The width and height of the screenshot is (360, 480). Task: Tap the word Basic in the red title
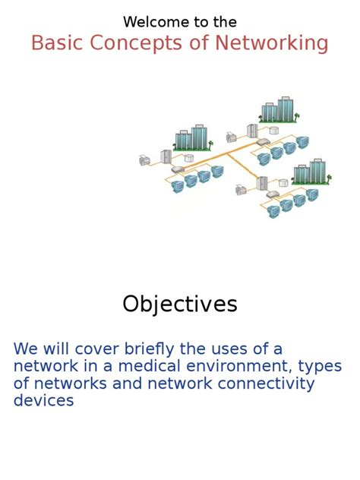click(x=58, y=43)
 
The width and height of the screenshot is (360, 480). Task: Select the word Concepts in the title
click(x=134, y=43)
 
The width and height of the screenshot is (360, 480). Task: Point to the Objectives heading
click(x=180, y=304)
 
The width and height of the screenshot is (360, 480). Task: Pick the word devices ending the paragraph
click(x=43, y=400)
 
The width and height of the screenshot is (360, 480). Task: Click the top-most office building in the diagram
click(x=277, y=110)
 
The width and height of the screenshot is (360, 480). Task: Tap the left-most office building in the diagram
click(x=191, y=137)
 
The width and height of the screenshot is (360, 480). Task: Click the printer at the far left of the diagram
click(x=144, y=160)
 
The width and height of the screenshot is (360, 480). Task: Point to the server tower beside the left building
click(x=166, y=156)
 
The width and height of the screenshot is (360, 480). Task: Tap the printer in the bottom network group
click(x=241, y=190)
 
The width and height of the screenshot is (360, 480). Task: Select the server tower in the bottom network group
click(x=262, y=183)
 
